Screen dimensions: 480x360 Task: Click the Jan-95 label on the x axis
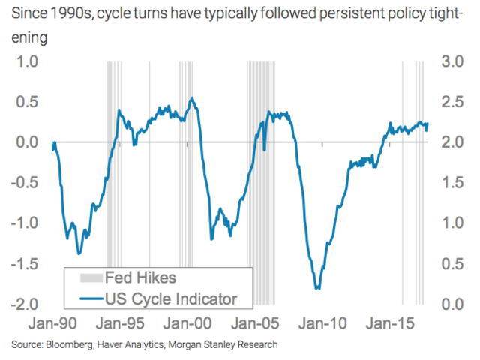[x=120, y=323]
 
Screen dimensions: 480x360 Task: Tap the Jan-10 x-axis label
[x=322, y=323]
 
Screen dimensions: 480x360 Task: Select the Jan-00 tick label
[x=187, y=323]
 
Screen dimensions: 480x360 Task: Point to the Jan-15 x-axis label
[x=390, y=323]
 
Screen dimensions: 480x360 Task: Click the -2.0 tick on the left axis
[x=25, y=304]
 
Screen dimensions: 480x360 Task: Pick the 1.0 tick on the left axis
[x=27, y=61]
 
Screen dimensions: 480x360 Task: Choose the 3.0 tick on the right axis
[x=452, y=61]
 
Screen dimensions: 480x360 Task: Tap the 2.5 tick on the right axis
[x=452, y=102]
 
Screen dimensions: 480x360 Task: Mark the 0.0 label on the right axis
[x=452, y=304]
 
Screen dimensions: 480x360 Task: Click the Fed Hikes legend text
[x=140, y=277]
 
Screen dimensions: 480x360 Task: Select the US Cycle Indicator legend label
[x=171, y=298]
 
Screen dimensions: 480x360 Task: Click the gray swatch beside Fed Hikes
[x=91, y=277]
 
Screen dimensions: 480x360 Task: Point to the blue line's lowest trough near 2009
[x=318, y=288]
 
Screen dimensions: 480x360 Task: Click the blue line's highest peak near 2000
[x=192, y=98]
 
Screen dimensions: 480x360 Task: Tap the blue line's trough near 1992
[x=79, y=253]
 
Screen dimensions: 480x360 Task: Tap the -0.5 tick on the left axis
[x=25, y=183]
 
